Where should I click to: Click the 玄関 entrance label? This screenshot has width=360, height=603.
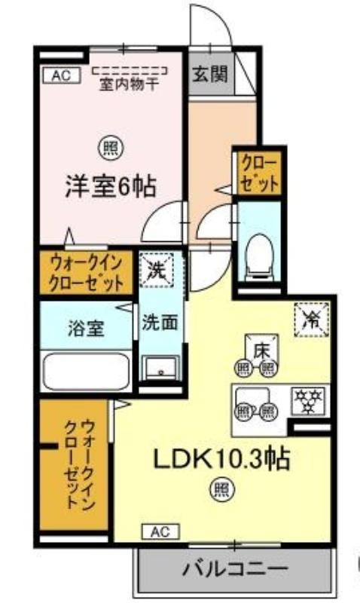coord(211,74)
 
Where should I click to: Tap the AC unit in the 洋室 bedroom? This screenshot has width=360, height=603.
coord(61,75)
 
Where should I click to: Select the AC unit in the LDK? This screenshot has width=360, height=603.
coord(160,532)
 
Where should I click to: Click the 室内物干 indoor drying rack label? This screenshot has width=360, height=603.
coord(129,84)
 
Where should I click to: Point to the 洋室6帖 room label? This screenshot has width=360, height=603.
coord(111,186)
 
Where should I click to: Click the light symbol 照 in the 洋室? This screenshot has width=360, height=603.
coord(111,148)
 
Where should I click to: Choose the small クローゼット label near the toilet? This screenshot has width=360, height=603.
coord(258,174)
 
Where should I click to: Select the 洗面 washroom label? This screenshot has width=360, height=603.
coord(160,323)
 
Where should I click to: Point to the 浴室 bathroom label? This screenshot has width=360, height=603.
coord(86,329)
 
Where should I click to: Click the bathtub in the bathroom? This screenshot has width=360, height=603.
coord(86,372)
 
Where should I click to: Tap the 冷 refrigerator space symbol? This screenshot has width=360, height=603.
coord(312,320)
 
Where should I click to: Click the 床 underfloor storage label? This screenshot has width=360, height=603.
coord(261,351)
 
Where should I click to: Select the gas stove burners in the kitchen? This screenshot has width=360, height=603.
coord(308,401)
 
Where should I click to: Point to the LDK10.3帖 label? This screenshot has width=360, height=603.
coord(221,458)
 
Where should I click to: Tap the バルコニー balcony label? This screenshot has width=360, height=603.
coord(234,568)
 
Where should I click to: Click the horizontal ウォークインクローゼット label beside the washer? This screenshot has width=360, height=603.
coord(87,274)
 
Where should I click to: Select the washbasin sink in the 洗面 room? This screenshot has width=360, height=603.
coord(160,368)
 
